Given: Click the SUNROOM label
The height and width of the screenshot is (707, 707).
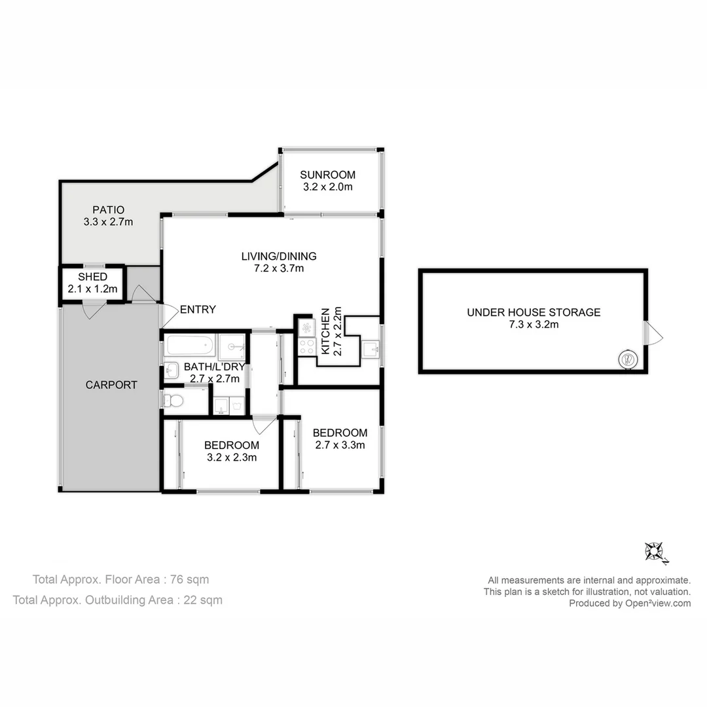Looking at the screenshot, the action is click(x=327, y=175).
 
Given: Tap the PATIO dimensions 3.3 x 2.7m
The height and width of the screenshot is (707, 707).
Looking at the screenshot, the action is click(x=108, y=222).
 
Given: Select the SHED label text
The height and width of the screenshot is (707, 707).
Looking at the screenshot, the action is click(x=92, y=277).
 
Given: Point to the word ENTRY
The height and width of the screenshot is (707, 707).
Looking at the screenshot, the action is click(x=198, y=310).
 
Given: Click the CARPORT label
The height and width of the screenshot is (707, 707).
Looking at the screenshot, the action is click(x=111, y=385).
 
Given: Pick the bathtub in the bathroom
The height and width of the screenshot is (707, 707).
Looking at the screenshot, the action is click(x=190, y=344).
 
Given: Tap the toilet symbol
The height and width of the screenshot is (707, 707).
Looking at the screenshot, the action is click(x=172, y=400).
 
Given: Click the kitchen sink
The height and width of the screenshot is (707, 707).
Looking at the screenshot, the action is click(x=371, y=348).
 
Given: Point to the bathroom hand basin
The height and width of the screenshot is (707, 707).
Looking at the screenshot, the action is click(x=172, y=371).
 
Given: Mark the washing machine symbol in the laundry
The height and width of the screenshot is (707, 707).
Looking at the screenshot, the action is click(x=221, y=406).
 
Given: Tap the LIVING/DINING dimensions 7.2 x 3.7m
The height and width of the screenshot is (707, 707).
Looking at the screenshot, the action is click(x=279, y=268).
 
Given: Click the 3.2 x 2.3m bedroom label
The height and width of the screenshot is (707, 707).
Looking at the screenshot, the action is click(x=232, y=458).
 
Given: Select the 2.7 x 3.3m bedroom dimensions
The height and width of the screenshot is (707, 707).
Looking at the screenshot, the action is click(x=340, y=445).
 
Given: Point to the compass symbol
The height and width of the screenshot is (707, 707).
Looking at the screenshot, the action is click(x=653, y=551).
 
